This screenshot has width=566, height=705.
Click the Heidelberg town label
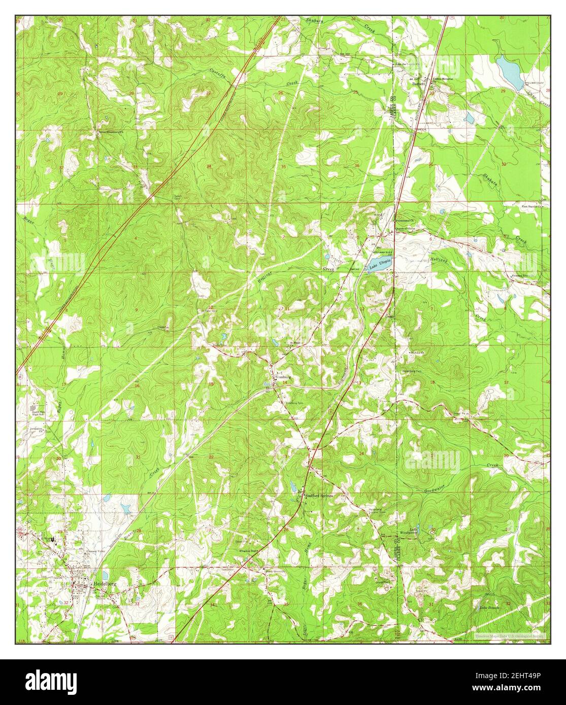click(105, 583)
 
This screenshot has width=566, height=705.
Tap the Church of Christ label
click(405, 229)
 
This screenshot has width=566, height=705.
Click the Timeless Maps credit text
click(510, 635)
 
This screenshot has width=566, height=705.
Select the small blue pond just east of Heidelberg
click(105, 575)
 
